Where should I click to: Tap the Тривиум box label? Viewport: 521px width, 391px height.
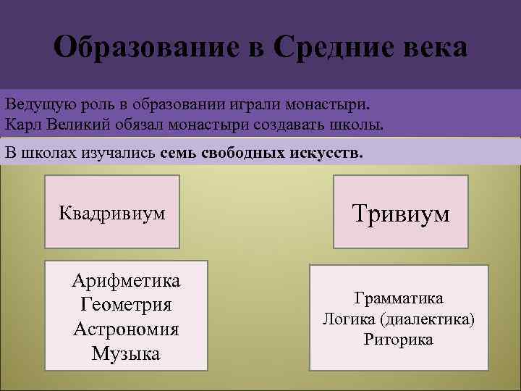pyautogui.click(x=400, y=213)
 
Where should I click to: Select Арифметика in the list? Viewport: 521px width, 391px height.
pyautogui.click(x=126, y=280)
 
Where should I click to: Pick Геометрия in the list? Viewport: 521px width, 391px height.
pyautogui.click(x=126, y=305)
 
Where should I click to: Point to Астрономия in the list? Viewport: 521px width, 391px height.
pyautogui.click(x=126, y=329)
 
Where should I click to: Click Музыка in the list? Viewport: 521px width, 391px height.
pyautogui.click(x=126, y=354)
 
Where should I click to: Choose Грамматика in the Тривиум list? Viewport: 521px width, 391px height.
pyautogui.click(x=399, y=298)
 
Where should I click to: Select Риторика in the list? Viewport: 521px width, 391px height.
pyautogui.click(x=399, y=340)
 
